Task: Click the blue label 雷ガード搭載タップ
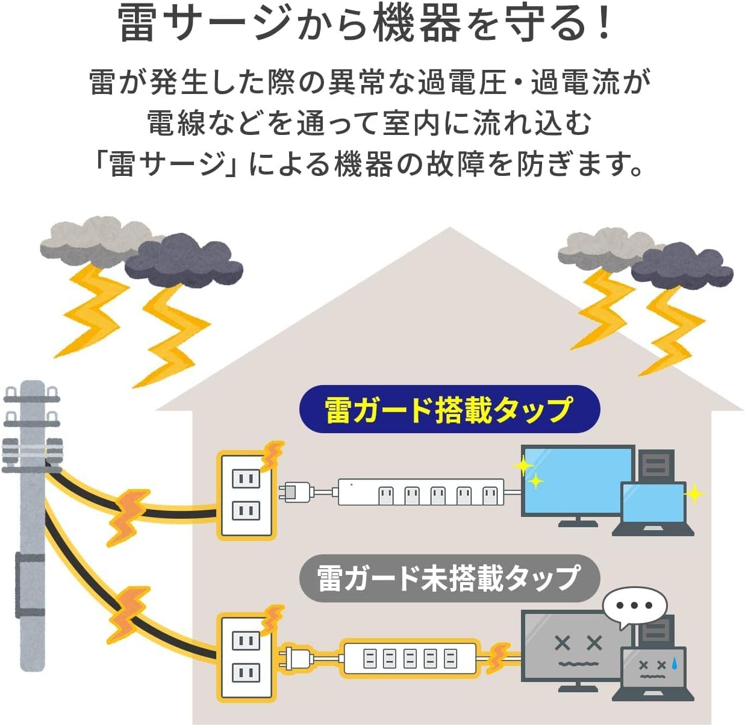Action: tap(449, 409)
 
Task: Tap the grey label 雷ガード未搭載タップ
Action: tap(449, 578)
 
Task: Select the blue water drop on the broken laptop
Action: tap(675, 664)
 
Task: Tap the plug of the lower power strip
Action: tap(296, 657)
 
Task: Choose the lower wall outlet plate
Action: tap(246, 657)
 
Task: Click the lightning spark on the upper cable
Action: tap(128, 516)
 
